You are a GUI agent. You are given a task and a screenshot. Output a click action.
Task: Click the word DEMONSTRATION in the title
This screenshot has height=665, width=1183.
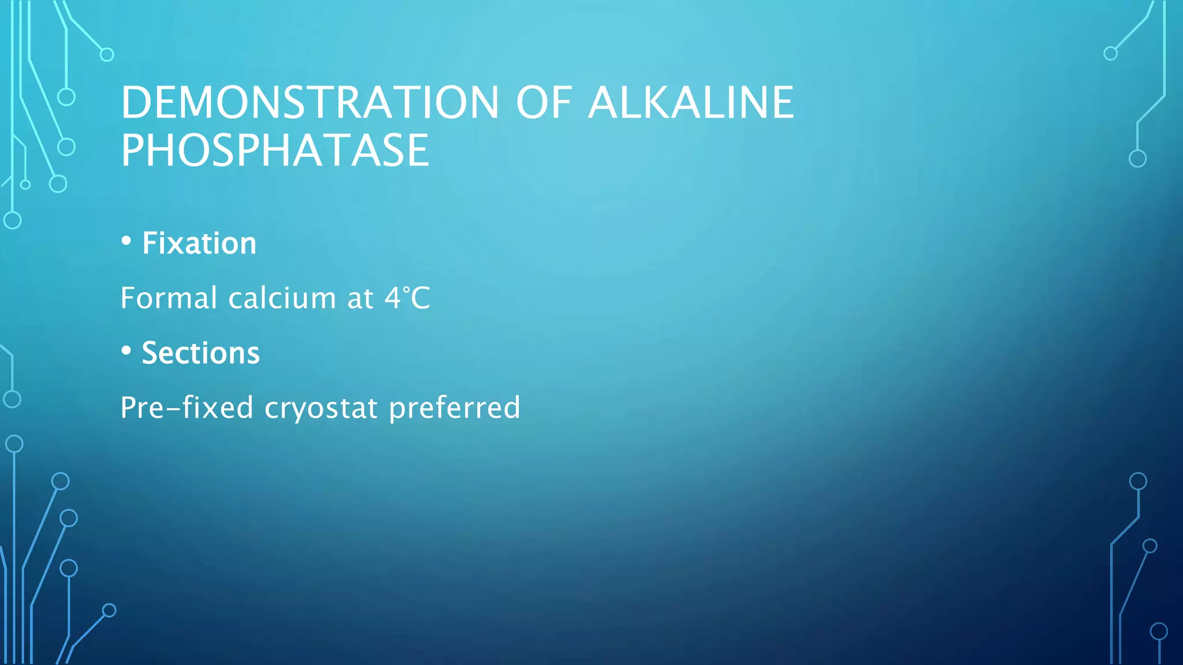click(310, 103)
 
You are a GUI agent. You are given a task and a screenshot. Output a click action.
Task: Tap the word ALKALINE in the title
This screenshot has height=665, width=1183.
click(691, 103)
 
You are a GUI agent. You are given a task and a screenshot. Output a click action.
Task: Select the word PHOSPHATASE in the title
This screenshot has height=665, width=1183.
click(275, 151)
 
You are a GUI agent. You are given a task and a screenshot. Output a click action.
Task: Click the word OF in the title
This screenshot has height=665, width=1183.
click(543, 103)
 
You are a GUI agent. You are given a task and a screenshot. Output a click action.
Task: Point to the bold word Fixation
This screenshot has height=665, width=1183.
click(199, 243)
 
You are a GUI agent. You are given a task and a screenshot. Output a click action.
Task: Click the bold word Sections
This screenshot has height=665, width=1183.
click(200, 353)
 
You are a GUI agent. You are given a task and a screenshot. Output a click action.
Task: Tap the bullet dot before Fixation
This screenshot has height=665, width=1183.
click(127, 241)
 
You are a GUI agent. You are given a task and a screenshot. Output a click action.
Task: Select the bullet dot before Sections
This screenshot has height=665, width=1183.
click(127, 351)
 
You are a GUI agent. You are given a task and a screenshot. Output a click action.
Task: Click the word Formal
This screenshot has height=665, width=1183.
click(169, 298)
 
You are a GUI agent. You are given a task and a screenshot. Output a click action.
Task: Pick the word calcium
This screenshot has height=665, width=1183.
click(282, 298)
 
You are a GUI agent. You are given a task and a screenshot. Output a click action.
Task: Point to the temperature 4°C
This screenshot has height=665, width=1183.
click(407, 298)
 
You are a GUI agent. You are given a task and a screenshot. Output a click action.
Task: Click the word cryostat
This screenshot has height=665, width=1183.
click(321, 408)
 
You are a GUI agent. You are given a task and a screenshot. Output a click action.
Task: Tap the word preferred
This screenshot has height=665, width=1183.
click(455, 408)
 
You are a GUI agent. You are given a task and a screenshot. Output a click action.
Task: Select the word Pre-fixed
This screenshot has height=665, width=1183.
click(187, 408)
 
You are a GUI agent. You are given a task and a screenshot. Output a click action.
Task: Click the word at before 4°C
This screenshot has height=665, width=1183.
click(360, 298)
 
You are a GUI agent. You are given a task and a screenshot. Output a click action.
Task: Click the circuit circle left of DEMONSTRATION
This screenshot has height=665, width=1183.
click(66, 96)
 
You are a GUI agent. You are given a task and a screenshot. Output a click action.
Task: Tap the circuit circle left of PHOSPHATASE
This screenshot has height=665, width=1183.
click(66, 147)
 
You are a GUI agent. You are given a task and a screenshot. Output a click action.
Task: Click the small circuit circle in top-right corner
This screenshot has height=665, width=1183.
click(1110, 54)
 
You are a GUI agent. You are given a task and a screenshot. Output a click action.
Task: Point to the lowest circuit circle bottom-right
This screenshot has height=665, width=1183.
click(1159, 632)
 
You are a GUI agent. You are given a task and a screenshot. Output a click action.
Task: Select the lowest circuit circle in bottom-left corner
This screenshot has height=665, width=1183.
click(109, 610)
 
